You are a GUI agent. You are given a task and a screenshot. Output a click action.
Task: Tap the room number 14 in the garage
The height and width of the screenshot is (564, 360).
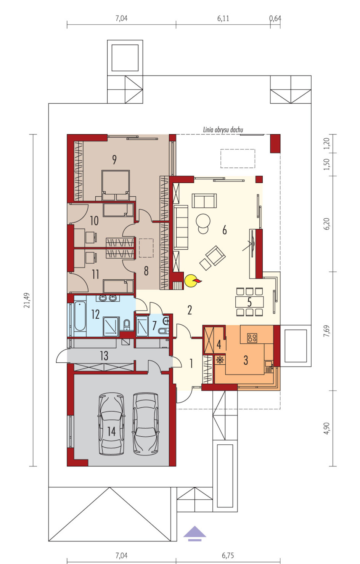112,431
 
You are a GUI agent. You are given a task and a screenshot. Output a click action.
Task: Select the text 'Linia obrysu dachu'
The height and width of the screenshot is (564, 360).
223,130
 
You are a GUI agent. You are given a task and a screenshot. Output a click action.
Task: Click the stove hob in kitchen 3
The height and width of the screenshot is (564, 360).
252,338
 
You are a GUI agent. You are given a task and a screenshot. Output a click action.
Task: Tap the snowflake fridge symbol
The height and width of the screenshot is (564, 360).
220,360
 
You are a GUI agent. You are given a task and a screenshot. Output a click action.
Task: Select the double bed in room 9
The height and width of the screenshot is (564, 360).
116,185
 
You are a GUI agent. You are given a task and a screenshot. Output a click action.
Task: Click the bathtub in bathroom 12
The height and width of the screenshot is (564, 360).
80,316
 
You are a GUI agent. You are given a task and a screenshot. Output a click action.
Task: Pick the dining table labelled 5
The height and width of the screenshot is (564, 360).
249,302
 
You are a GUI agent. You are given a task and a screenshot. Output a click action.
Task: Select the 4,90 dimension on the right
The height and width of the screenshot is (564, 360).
326,428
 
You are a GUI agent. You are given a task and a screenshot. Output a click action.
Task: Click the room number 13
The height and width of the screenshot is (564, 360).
104,356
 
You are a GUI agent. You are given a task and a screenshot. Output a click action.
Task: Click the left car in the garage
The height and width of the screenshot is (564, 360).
112,424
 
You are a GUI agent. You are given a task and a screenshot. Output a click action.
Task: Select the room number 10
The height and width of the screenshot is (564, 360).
94,221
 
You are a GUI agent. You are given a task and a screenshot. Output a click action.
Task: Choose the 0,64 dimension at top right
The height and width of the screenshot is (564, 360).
275,18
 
